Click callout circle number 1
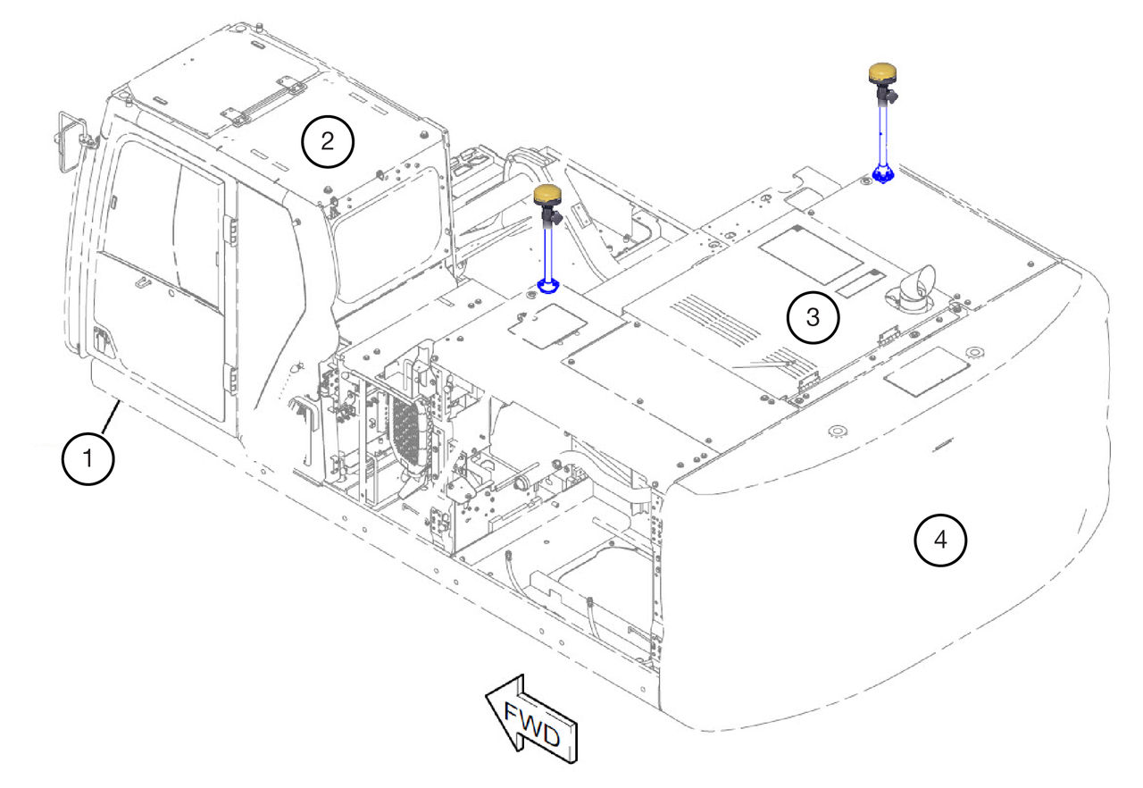[88, 459]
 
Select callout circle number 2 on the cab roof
[328, 141]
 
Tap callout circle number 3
[813, 317]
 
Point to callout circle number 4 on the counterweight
[940, 540]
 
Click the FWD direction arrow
[531, 719]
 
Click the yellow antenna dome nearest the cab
[547, 195]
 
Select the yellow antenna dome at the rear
[882, 72]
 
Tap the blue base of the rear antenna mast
[883, 173]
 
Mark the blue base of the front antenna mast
[548, 286]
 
